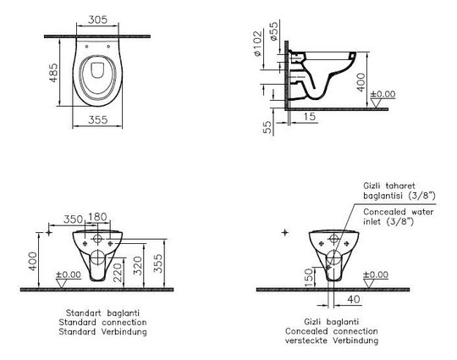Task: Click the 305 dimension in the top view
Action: tap(97, 19)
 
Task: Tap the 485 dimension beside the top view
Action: tap(53, 73)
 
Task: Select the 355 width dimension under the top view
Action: tap(98, 119)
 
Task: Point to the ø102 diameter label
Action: tap(257, 43)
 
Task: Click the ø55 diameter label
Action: tap(274, 31)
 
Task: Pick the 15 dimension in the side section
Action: tap(309, 116)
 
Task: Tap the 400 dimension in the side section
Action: tap(361, 82)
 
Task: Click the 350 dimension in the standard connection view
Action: tap(73, 219)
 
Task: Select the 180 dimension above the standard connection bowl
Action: tap(97, 217)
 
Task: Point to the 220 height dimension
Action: tap(118, 272)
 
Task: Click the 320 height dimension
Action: tap(137, 266)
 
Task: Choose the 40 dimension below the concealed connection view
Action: tap(354, 299)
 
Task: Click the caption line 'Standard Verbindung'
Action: tap(103, 332)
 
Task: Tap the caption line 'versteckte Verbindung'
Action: tap(332, 341)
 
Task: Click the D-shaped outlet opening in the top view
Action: tap(97, 70)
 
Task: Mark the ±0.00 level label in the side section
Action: tap(383, 94)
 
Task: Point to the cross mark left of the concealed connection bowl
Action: tap(285, 232)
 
